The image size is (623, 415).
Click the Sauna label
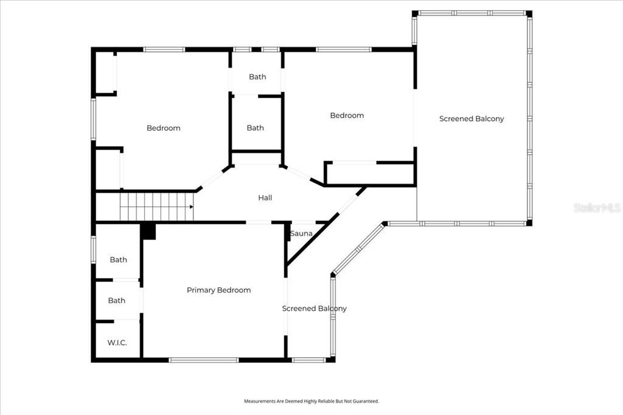pos(301,234)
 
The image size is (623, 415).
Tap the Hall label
pos(265,198)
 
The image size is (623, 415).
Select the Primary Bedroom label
pos(218,290)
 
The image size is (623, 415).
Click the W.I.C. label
pos(117,343)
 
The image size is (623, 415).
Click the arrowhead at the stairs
pos(191,207)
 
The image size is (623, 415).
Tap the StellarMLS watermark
pos(597,207)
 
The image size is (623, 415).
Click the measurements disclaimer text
pos(311,401)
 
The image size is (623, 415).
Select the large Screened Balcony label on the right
pos(472,119)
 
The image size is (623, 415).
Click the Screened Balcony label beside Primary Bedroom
pos(314,309)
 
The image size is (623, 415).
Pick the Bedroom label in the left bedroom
pos(163,128)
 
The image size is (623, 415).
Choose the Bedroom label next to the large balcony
pos(347,115)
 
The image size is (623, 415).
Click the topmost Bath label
pos(257,77)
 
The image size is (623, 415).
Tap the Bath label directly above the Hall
pos(256,128)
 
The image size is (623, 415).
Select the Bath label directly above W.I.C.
pos(117,301)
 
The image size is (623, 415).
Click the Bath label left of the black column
pos(118,260)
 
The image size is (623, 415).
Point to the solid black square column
pos(148,231)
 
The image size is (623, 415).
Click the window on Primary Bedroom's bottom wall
pos(203,360)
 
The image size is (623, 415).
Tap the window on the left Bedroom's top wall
pos(164,49)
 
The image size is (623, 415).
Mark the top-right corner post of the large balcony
pos(529,13)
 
